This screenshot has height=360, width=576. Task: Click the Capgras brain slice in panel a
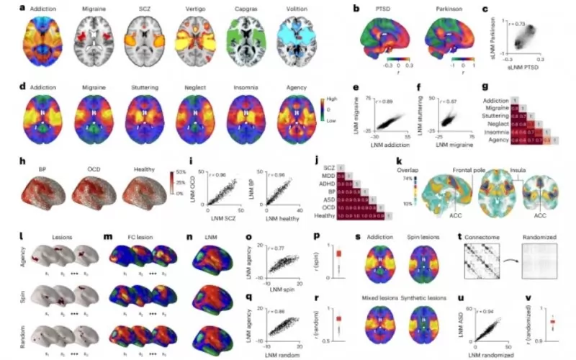[x=243, y=44]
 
